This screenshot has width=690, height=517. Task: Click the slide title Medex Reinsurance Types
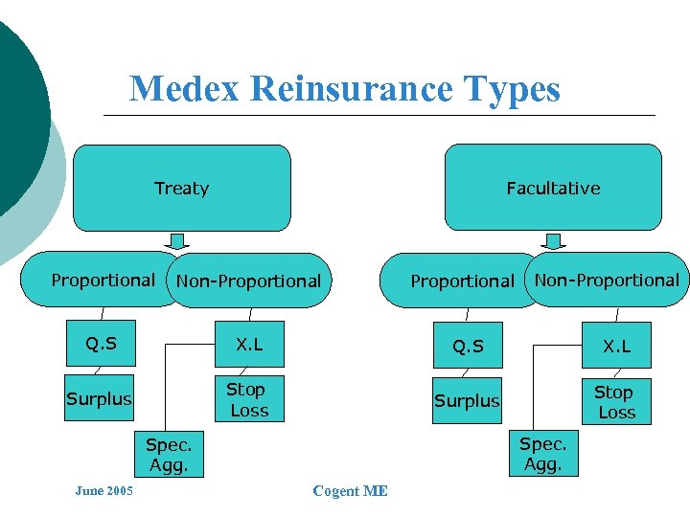(344, 89)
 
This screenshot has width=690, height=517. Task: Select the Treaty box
(182, 188)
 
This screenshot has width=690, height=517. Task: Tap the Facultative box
(553, 188)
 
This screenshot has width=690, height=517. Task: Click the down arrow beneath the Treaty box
(179, 241)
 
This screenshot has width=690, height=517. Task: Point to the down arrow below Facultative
(553, 241)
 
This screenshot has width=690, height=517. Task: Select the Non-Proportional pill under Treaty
(249, 281)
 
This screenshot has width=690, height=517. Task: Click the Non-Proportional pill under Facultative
(607, 280)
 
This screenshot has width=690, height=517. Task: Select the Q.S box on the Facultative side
(469, 347)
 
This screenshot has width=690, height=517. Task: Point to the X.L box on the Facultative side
(616, 347)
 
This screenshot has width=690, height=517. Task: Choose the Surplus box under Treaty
(100, 399)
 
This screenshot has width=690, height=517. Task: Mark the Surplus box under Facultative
(467, 401)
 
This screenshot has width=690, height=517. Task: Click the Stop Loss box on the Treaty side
(247, 400)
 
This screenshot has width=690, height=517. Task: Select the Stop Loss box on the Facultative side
(615, 402)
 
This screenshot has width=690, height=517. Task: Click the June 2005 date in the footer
(103, 491)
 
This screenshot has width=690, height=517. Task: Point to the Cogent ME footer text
(350, 491)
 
